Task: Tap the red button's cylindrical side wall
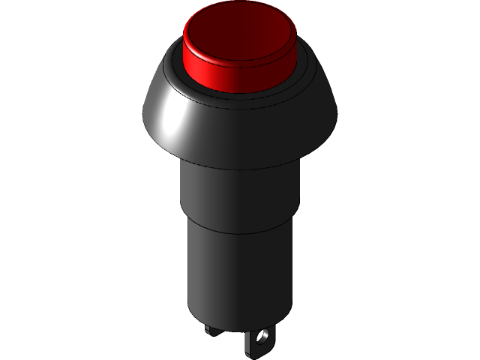pyautogui.click(x=240, y=79)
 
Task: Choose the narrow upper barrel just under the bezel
pyautogui.click(x=240, y=191)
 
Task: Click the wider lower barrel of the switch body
pyautogui.click(x=240, y=270)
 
